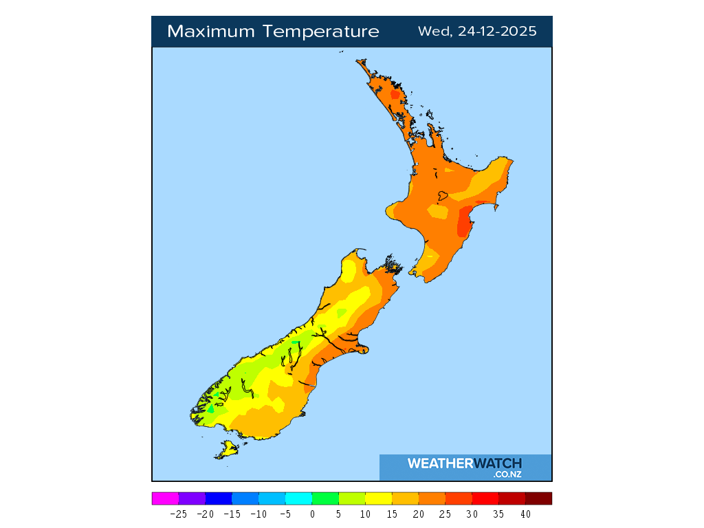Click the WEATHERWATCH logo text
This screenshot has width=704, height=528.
(465, 463)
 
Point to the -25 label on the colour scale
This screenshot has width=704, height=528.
(179, 514)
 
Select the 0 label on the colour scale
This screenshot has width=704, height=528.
(312, 514)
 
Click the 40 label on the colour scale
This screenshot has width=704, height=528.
(525, 514)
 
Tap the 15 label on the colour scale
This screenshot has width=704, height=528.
(392, 514)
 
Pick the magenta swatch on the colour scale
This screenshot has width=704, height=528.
(165, 498)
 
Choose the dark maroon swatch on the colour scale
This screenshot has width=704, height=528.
(538, 498)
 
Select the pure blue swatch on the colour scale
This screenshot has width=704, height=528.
(219, 498)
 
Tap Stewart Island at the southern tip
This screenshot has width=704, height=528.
(226, 450)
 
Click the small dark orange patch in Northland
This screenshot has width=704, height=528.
(395, 95)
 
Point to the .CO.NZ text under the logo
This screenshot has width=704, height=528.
(507, 474)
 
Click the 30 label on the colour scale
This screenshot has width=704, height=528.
(472, 514)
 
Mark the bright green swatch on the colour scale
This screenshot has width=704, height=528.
(325, 498)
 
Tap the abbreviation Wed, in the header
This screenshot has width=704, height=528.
(432, 32)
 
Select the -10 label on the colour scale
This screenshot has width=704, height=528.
(258, 514)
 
